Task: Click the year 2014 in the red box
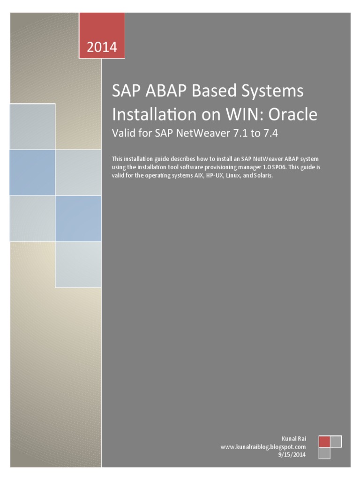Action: tap(102, 47)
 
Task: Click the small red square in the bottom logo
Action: tap(324, 442)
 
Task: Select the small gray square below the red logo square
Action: tap(324, 453)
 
